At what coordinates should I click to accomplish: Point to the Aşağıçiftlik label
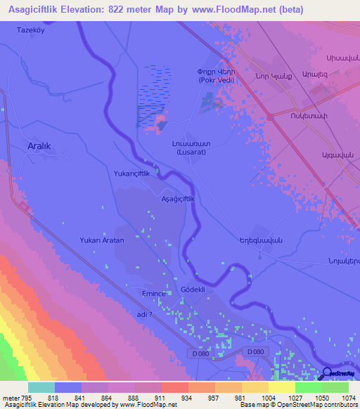(183, 199)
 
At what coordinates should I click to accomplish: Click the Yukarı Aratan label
(102, 240)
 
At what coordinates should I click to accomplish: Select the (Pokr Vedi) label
(215, 79)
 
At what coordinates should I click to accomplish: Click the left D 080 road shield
(199, 351)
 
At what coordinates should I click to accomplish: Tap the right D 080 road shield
(255, 351)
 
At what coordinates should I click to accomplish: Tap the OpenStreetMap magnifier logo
(326, 375)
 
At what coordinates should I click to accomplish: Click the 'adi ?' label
(145, 314)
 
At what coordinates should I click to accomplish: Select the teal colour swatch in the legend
(41, 387)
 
